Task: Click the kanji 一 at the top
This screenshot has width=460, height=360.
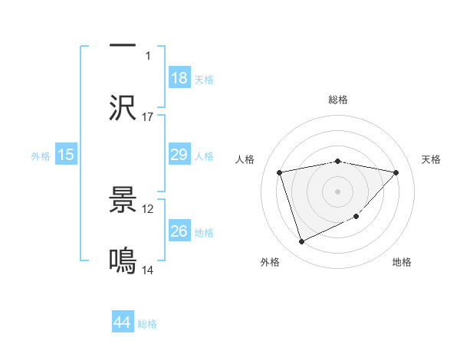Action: [123, 47]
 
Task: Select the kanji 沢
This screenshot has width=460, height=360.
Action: [123, 107]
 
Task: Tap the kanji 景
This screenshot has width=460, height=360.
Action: [123, 200]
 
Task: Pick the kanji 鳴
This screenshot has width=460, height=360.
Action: [123, 261]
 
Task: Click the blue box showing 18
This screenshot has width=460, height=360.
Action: [179, 78]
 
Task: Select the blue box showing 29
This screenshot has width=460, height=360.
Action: [179, 155]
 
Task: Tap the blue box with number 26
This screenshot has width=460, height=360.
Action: [179, 231]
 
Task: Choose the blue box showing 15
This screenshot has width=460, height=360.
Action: [66, 155]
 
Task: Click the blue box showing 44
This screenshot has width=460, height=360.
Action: [123, 323]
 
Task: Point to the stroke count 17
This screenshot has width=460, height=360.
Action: [148, 116]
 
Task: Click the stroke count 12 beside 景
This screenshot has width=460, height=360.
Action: [148, 208]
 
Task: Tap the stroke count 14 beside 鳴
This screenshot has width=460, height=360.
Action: [148, 270]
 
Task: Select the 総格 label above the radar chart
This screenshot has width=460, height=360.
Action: [338, 100]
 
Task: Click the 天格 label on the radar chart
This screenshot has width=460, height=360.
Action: [431, 159]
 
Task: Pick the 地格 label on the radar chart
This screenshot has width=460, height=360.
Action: [402, 263]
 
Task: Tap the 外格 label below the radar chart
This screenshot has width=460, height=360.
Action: [270, 263]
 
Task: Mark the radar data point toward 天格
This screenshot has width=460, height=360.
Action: [396, 172]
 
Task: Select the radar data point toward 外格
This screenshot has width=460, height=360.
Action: [301, 242]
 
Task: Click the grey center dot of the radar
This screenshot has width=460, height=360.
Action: [338, 191]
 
